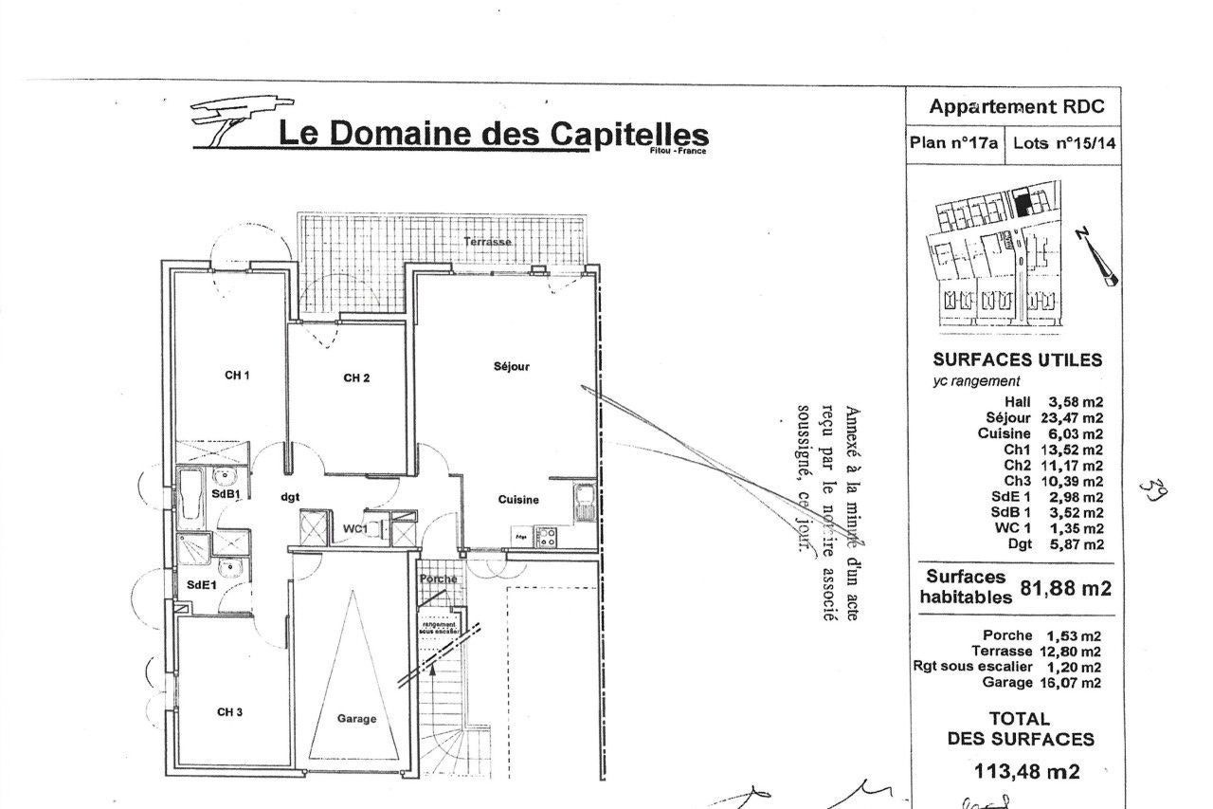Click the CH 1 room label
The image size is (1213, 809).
tap(237, 375)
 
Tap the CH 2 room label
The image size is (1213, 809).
tap(356, 378)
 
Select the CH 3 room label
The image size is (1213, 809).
tap(230, 711)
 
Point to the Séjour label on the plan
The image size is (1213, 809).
tap(512, 366)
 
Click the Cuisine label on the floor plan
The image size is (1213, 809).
tap(518, 500)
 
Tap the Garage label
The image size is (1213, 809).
tap(356, 719)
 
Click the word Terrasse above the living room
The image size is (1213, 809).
tap(488, 242)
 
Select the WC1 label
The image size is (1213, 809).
tap(354, 527)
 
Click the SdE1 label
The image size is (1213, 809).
tap(202, 585)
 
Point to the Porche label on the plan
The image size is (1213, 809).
tap(438, 579)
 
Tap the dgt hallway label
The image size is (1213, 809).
tap(290, 495)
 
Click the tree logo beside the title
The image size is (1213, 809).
tap(227, 120)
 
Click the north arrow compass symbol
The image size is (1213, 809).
tap(1096, 256)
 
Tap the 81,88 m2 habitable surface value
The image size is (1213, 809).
tap(1066, 588)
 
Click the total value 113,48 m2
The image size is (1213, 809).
tap(1026, 771)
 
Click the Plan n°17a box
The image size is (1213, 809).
tap(953, 144)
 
